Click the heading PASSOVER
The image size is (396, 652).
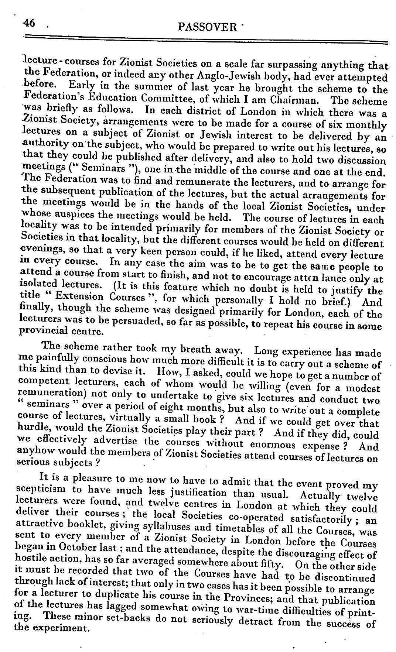(x=208, y=27)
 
